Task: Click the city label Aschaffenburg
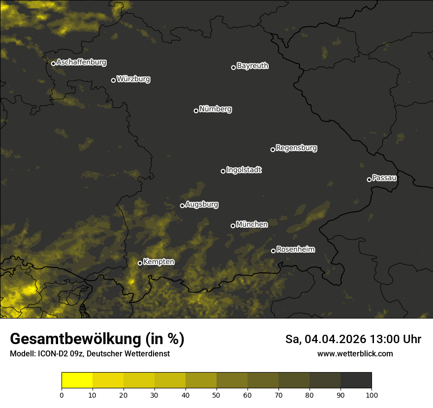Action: [x=81, y=62]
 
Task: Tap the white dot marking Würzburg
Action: [x=113, y=80]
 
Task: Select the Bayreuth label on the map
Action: [x=252, y=66]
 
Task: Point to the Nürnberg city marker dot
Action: [x=196, y=111]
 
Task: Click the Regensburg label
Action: [x=296, y=148]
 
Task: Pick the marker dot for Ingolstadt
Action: [x=223, y=171]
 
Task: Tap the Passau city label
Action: [x=384, y=178]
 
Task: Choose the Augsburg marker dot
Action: [x=182, y=205]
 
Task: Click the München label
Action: [x=252, y=225]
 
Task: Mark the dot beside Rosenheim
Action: [x=273, y=251]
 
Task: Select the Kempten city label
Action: [x=158, y=262]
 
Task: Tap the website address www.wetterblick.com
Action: [x=355, y=354]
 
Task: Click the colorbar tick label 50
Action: [x=216, y=394]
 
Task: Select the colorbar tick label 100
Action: [x=371, y=394]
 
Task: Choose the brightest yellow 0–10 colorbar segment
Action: [x=77, y=380]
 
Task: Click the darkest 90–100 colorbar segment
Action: [x=356, y=380]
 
